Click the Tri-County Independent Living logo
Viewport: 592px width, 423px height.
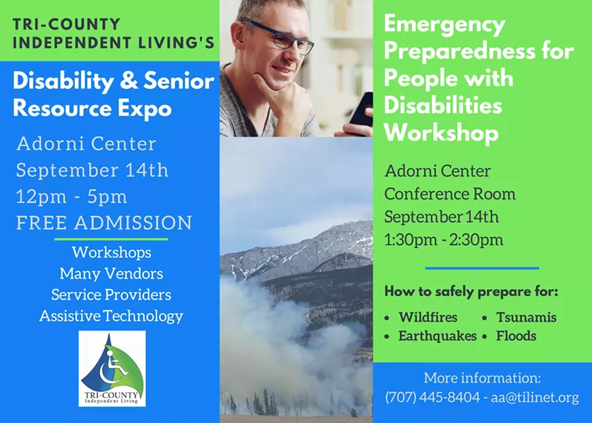tap(112, 369)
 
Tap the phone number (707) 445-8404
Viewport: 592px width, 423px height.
tap(433, 398)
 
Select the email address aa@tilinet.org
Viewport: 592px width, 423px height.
tap(535, 398)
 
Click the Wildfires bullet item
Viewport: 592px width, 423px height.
tap(428, 317)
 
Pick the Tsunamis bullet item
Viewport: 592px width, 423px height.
tap(526, 317)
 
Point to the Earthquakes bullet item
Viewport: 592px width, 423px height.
tap(437, 336)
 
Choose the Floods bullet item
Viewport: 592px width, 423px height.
tap(516, 336)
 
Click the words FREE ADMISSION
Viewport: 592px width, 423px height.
tap(104, 222)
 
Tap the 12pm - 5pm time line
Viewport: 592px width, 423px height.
tap(72, 197)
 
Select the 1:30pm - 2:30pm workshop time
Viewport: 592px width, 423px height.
tap(444, 240)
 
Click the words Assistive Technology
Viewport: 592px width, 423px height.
tap(111, 316)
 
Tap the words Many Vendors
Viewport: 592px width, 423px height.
tap(111, 274)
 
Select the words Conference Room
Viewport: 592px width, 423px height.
tap(450, 194)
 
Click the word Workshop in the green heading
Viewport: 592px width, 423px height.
tap(442, 133)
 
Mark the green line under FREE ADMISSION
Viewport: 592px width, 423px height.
tap(111, 239)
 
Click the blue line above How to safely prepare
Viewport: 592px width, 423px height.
tap(482, 269)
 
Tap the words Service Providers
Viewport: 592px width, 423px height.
tap(111, 295)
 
